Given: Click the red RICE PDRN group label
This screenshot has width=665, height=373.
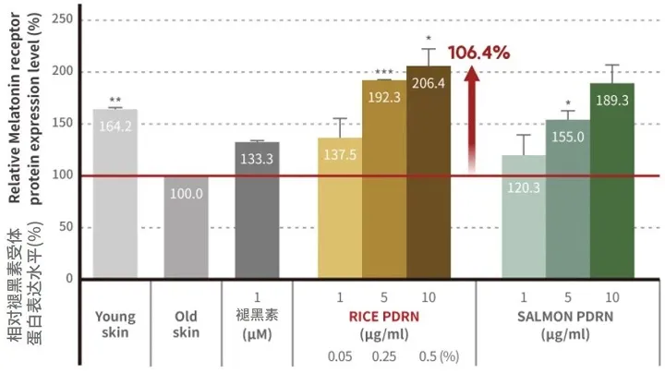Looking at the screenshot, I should pos(383,314).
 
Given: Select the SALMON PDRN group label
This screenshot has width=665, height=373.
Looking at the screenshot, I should pos(568,314).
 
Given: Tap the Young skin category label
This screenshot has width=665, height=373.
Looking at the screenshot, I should pos(115,324).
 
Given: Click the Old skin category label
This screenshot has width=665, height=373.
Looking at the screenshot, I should pos(187,324).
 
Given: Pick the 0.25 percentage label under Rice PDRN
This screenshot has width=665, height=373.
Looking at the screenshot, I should pos(383,355).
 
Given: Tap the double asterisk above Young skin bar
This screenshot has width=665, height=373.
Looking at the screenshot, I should pos(115,100).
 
